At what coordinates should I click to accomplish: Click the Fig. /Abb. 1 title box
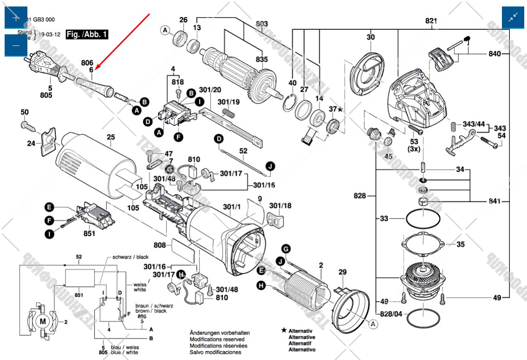pyautogui.click(x=87, y=34)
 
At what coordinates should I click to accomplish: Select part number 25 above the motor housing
pyautogui.click(x=110, y=137)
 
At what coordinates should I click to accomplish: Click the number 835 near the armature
pyautogui.click(x=262, y=59)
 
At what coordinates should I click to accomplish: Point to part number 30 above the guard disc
pyautogui.click(x=370, y=38)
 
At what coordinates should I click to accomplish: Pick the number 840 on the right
pyautogui.click(x=495, y=54)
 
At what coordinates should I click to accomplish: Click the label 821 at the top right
pyautogui.click(x=431, y=21)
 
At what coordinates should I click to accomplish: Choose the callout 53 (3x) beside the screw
pyautogui.click(x=414, y=145)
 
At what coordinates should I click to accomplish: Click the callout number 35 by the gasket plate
pyautogui.click(x=460, y=244)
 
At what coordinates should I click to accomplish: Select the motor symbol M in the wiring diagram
pyautogui.click(x=43, y=321)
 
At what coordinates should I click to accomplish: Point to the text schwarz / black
pyautogui.click(x=130, y=257)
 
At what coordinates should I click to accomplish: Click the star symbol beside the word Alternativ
pyautogui.click(x=283, y=330)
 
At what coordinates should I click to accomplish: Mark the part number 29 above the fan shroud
pyautogui.click(x=342, y=271)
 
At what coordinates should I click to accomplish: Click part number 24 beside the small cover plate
pyautogui.click(x=31, y=143)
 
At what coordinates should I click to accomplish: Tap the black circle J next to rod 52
pyautogui.click(x=270, y=166)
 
